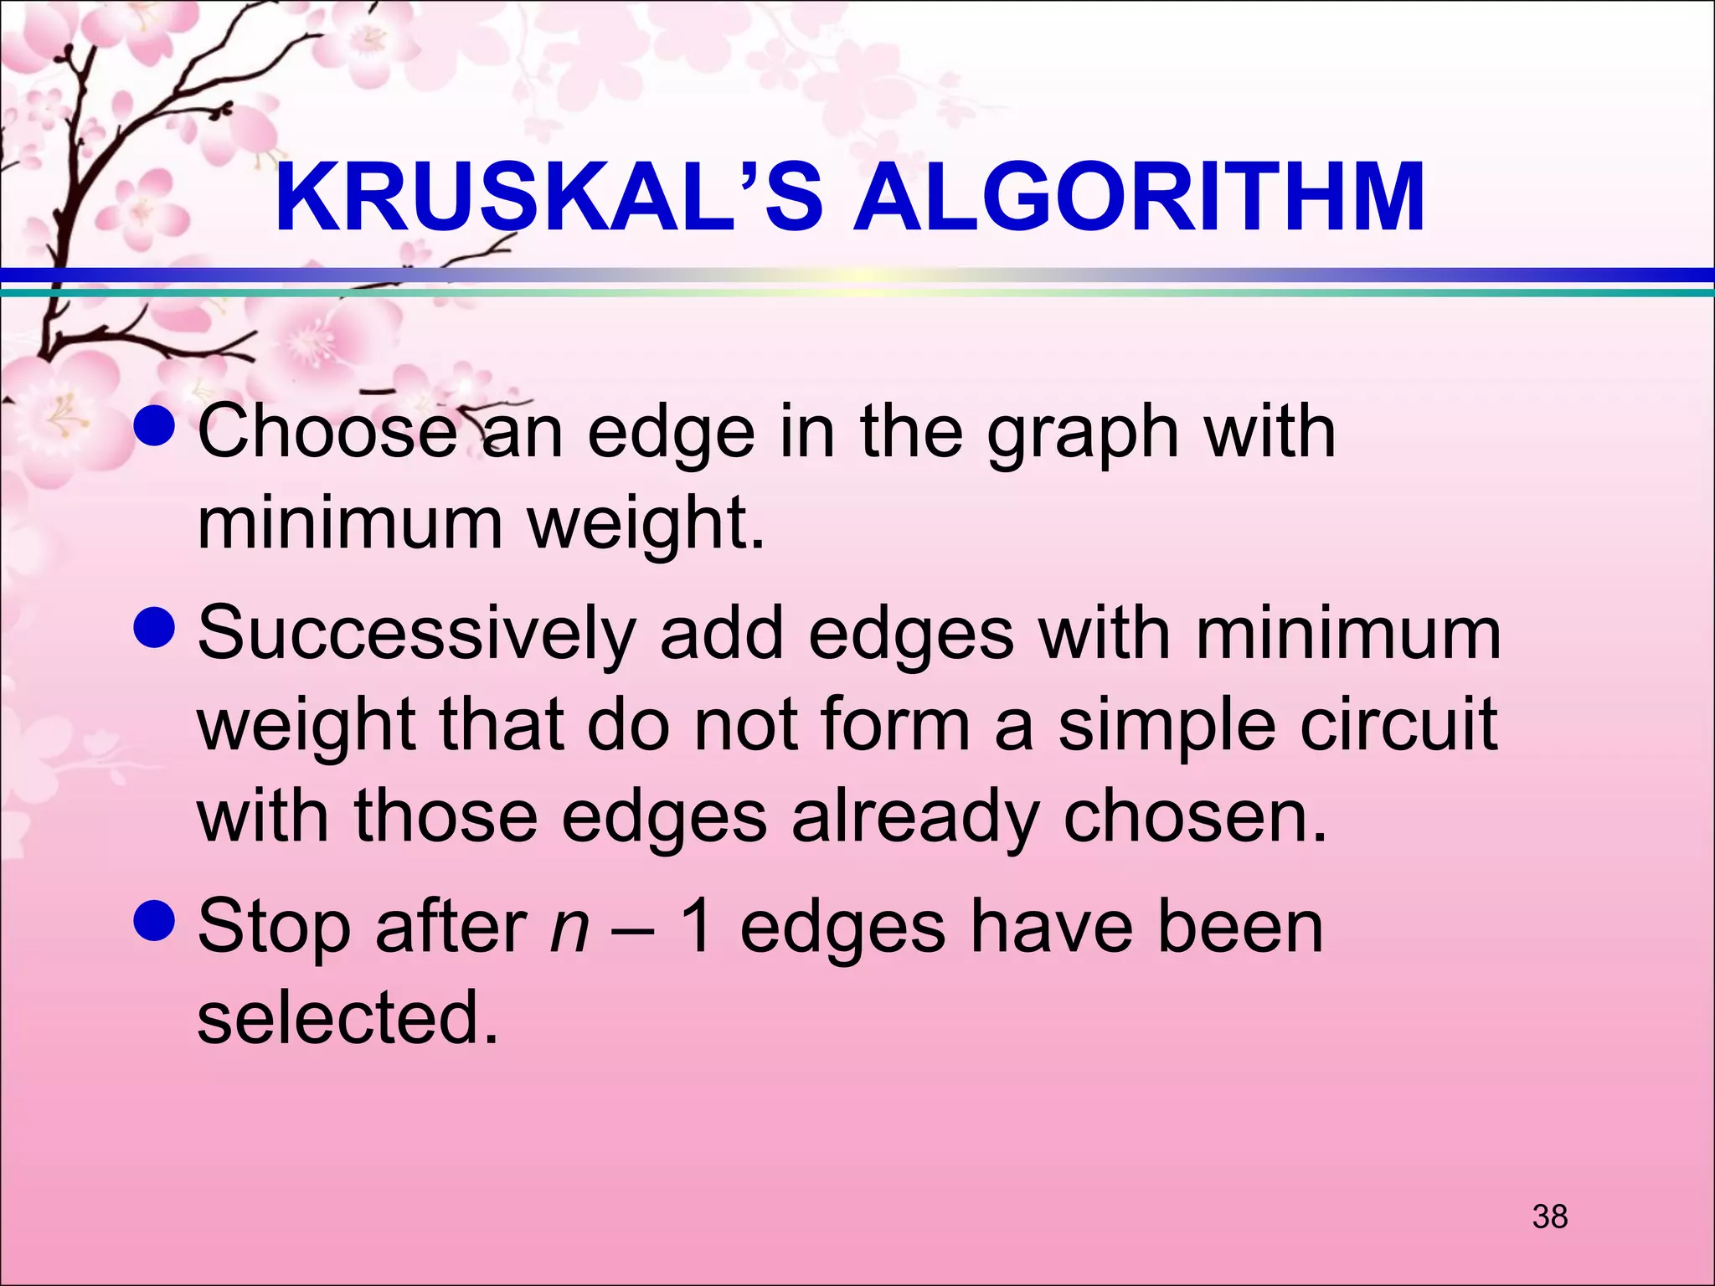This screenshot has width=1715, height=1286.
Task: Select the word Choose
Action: coord(327,432)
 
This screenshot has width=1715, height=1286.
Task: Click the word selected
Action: coord(348,1018)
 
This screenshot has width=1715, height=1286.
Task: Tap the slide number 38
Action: coord(1549,1217)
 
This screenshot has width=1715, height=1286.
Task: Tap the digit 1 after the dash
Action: coord(697,928)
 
